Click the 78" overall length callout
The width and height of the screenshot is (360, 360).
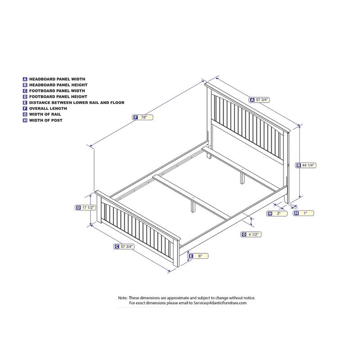point(143,117)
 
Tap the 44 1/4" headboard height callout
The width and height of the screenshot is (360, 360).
point(306,166)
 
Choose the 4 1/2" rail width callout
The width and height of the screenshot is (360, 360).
point(251,234)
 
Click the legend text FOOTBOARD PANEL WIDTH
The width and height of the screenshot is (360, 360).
point(57,90)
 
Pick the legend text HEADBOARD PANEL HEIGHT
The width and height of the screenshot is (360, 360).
point(58,85)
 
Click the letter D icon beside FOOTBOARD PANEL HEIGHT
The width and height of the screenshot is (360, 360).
point(25,97)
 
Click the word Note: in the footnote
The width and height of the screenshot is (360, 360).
point(123,298)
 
